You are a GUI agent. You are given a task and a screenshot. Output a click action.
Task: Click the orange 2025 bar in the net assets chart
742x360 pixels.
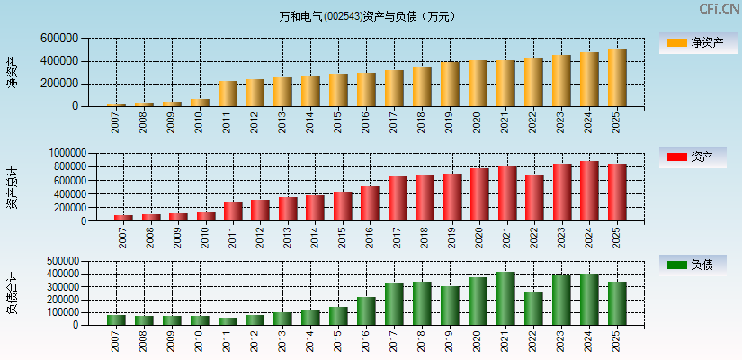tap(616, 77)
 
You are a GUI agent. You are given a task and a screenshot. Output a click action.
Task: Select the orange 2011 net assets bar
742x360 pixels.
tap(228, 94)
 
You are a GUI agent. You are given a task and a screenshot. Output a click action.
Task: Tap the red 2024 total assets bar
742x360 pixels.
tap(589, 191)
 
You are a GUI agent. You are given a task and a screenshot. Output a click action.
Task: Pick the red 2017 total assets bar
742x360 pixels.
tap(397, 199)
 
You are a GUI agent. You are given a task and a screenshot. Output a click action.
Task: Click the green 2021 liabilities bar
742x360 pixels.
tap(505, 299)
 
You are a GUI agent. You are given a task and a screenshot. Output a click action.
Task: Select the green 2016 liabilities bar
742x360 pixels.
tap(366, 311)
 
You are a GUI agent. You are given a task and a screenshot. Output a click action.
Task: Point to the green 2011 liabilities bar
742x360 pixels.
tap(228, 321)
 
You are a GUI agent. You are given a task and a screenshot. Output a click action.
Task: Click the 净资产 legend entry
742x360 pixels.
tap(693, 42)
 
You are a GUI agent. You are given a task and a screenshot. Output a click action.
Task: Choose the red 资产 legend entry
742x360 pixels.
tap(693, 157)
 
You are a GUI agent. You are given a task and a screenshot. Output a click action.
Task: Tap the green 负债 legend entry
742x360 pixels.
tap(693, 265)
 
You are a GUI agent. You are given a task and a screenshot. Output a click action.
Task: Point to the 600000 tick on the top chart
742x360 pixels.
tap(59, 39)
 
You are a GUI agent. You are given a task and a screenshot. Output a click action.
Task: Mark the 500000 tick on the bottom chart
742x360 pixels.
tap(59, 261)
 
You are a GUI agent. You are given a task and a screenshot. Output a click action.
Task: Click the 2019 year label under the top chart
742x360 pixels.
tap(449, 122)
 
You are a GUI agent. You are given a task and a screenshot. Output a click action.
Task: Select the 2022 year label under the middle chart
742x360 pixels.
tap(534, 237)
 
